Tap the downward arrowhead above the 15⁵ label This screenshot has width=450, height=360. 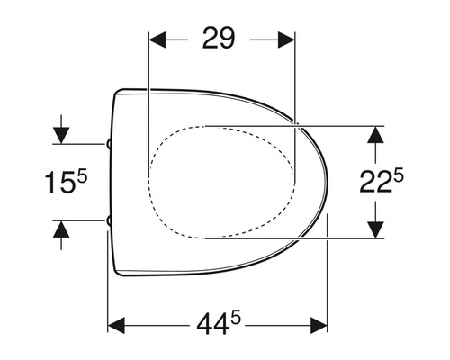(60, 134)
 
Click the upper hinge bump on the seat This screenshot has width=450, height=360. (109, 142)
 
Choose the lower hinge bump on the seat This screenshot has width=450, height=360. (109, 220)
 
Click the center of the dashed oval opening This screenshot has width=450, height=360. (221, 181)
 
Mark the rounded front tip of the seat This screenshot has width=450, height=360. (325, 181)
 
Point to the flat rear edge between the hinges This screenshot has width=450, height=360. (112, 181)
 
